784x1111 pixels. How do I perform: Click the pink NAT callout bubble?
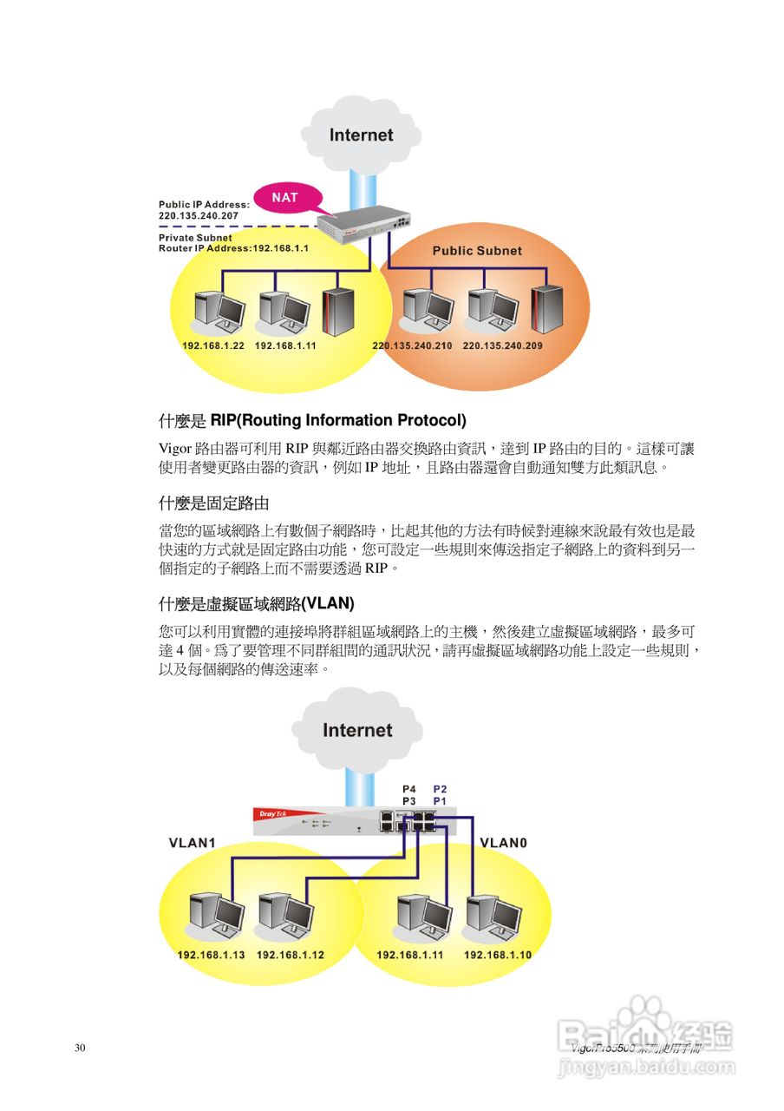[x=285, y=198]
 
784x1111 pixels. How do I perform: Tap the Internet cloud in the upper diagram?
[x=362, y=135]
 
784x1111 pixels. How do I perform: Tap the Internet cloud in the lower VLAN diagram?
[x=357, y=730]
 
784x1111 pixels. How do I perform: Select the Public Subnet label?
[x=477, y=251]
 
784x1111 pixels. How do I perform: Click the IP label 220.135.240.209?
[x=503, y=345]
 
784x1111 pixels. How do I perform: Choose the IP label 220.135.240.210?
[x=412, y=345]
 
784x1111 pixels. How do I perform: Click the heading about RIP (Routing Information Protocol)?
[x=312, y=421]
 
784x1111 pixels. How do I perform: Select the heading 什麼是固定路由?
[x=208, y=503]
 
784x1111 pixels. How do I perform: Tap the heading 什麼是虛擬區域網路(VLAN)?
[x=257, y=603]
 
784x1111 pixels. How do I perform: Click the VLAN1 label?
[x=192, y=843]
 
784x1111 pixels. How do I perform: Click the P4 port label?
[x=409, y=788]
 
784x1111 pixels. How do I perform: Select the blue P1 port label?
[x=440, y=800]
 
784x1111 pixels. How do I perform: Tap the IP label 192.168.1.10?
[x=497, y=955]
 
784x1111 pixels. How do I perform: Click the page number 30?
[x=80, y=1049]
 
